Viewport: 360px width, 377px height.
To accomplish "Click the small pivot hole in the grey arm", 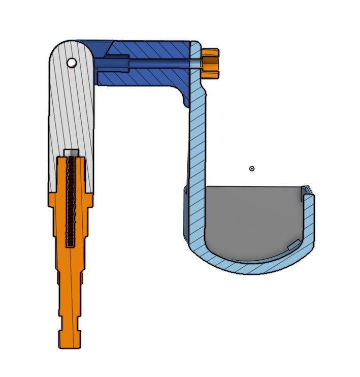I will point(72,62).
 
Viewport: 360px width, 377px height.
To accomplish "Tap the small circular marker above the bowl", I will point(252,169).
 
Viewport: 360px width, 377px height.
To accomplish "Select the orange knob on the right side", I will point(210,64).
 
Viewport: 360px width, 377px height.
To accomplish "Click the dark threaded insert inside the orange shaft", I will point(71,203).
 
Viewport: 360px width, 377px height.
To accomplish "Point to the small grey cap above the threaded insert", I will point(71,152).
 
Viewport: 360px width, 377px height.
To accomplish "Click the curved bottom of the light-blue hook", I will point(244,266).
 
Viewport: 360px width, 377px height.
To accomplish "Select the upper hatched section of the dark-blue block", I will point(152,49).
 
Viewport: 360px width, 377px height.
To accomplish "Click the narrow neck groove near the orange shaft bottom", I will point(70,325).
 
